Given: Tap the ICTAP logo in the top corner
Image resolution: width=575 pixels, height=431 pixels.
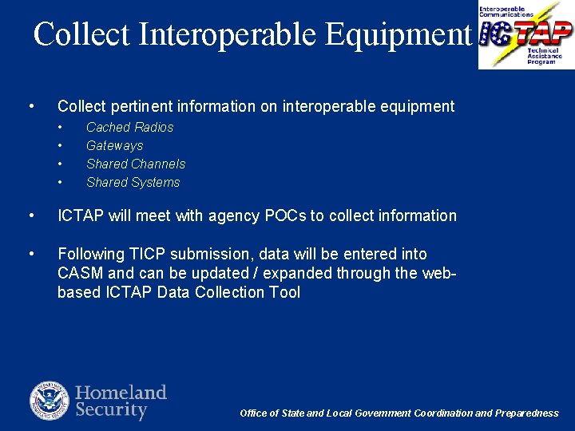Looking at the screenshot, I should pos(525,34).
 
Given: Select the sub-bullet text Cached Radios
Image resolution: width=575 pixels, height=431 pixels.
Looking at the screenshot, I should pos(129,127).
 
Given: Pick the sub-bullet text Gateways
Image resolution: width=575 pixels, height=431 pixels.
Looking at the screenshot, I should pos(114,145).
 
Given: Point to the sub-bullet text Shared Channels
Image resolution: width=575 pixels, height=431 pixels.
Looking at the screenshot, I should pos(136,164).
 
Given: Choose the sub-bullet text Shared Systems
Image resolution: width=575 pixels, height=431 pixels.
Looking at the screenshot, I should pos(133,182).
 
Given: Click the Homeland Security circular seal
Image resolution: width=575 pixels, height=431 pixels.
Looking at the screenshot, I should pos(50,401).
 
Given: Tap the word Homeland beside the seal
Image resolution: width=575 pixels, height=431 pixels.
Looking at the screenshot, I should pos(121,393).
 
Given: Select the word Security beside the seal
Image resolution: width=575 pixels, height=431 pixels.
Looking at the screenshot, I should pos(111,410).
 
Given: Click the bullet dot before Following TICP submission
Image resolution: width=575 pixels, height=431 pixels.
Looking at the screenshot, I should pos(30,254).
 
